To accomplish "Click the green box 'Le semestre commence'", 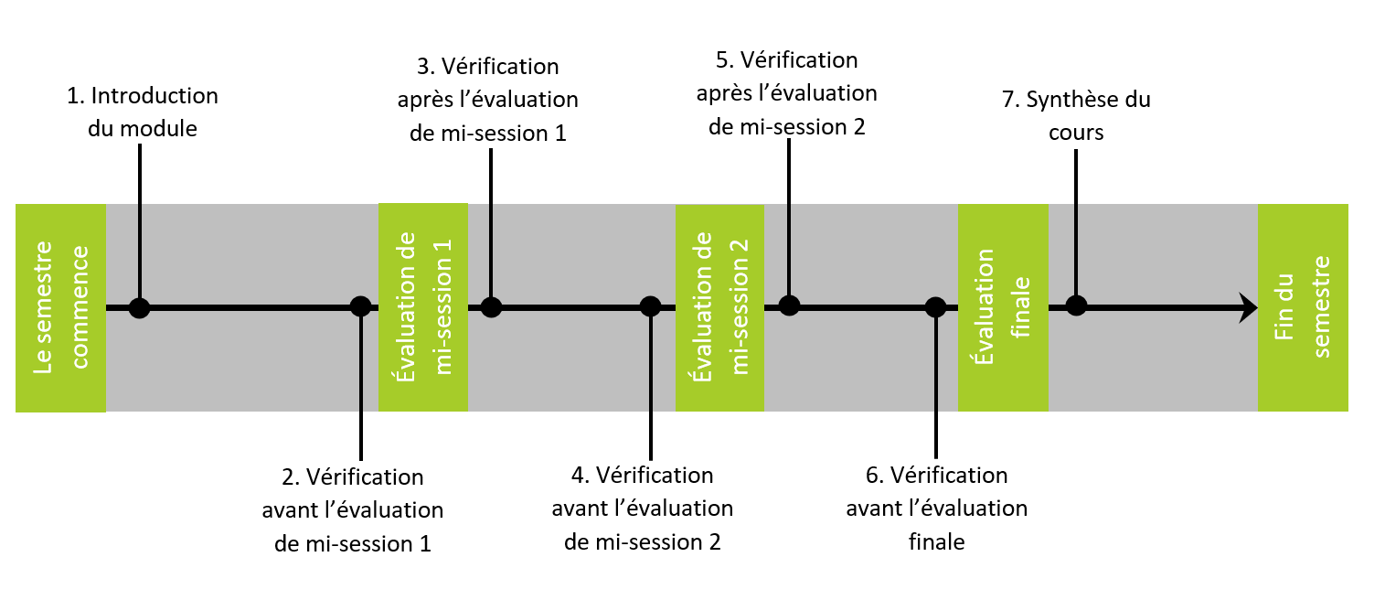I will tap(60, 307).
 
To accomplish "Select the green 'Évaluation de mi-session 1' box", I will tap(423, 307).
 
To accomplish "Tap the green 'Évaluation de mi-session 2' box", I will tap(719, 307).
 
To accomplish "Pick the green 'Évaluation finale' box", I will tap(1003, 307).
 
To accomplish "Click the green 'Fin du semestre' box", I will tap(1303, 307).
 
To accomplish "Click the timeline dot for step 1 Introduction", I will tap(139, 307).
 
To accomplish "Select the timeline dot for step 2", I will tap(361, 305).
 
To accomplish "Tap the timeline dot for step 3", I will tap(491, 306).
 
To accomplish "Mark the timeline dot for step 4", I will tap(650, 305).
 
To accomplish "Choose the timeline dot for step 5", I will tap(789, 305).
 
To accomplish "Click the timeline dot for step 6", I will tap(935, 306).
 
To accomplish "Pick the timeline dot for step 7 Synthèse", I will tap(1077, 305).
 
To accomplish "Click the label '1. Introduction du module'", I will tap(143, 112).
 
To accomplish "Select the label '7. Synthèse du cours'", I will tap(1076, 115).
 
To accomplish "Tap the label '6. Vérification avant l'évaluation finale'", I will tap(936, 508).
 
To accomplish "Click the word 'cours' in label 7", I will tap(1076, 133).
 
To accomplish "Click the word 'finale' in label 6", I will tap(937, 541).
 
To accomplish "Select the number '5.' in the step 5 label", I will tap(725, 60).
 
